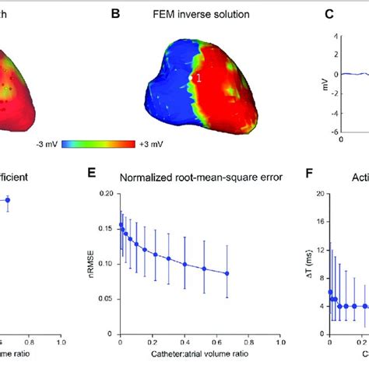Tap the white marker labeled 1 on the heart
click(191, 78)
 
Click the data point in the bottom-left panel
click(9, 200)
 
